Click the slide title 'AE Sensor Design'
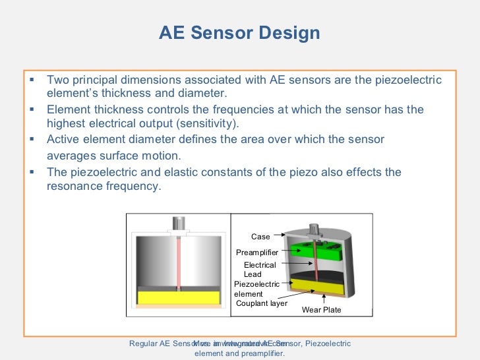[239, 34]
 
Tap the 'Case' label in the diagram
[260, 237]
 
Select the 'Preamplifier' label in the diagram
[257, 252]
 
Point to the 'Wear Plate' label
[321, 309]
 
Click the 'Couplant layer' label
[261, 303]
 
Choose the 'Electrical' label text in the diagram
[260, 265]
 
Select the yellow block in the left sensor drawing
[178, 297]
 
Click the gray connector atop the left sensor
[178, 224]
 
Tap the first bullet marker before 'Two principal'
[32, 80]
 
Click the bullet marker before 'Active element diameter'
[32, 139]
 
